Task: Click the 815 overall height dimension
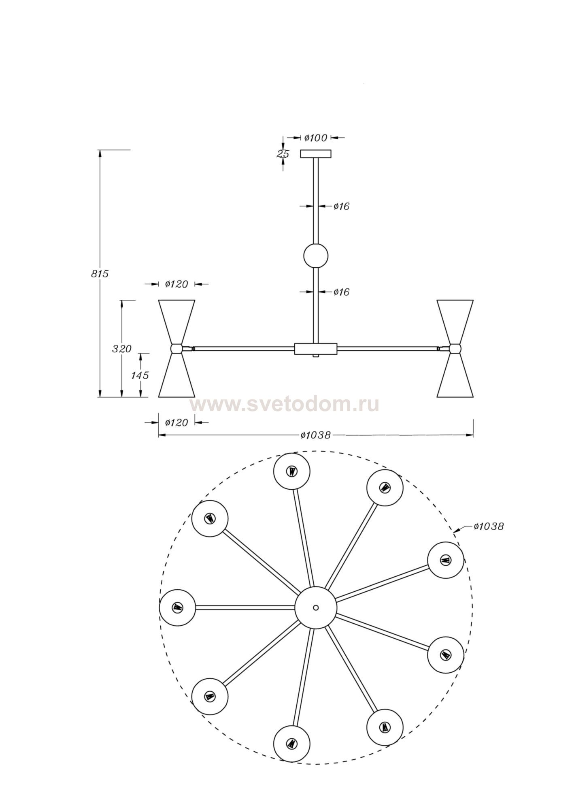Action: point(100,274)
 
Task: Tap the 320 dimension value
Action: point(122,349)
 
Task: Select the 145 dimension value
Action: point(140,375)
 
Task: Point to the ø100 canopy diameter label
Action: point(316,138)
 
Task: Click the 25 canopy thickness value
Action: point(282,154)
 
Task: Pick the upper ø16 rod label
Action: point(341,207)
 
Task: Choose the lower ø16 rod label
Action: point(341,292)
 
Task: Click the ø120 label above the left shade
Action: point(176,284)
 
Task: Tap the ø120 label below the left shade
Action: point(176,423)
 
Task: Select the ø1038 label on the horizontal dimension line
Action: point(316,435)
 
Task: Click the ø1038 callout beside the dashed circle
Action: point(489,526)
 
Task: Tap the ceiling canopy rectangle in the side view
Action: point(316,154)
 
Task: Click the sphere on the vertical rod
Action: point(316,256)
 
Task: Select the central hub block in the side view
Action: point(316,349)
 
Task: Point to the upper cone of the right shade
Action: point(455,322)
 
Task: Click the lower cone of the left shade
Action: point(177,375)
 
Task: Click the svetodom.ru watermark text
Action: point(284,404)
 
